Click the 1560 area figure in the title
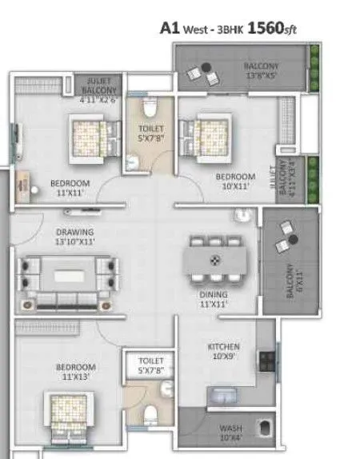(x=266, y=28)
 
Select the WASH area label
(x=230, y=433)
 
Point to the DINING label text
(x=214, y=298)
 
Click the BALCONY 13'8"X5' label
(x=262, y=71)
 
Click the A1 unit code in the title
(x=169, y=28)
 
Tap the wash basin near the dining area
(x=242, y=214)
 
